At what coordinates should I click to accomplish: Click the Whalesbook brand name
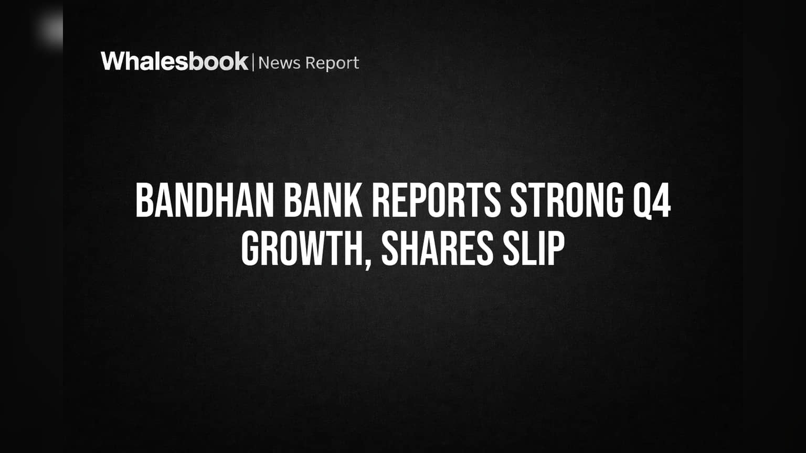pyautogui.click(x=175, y=61)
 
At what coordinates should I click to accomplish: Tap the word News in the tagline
pyautogui.click(x=279, y=63)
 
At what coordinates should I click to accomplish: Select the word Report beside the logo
pyautogui.click(x=332, y=63)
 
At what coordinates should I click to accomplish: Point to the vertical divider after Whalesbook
pyautogui.click(x=253, y=62)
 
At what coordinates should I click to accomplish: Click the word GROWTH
pyautogui.click(x=302, y=249)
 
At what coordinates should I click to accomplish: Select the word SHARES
pyautogui.click(x=437, y=249)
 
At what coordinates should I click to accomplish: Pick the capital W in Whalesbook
pyautogui.click(x=114, y=61)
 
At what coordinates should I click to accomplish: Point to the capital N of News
pyautogui.click(x=264, y=63)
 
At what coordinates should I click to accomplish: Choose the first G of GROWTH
pyautogui.click(x=250, y=249)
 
